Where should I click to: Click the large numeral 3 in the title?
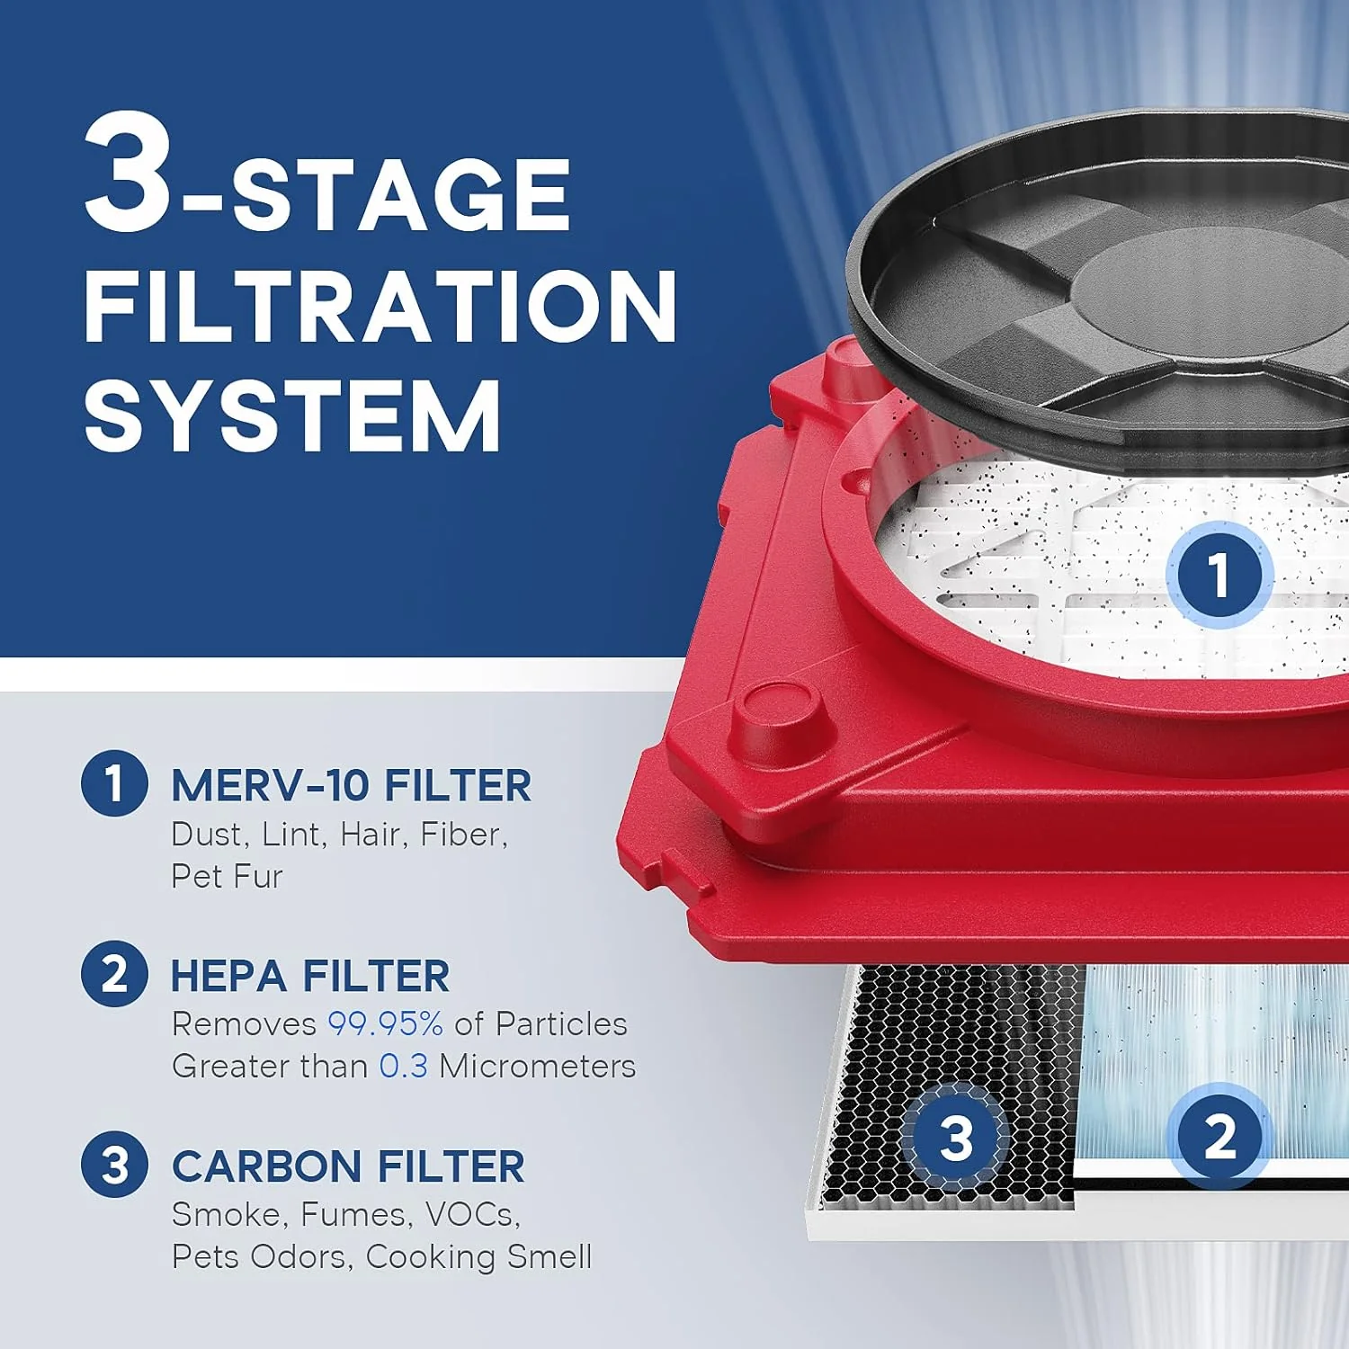128,173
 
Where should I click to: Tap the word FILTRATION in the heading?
380,306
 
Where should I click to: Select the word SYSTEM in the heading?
292,416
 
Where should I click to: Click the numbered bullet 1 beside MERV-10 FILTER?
114,782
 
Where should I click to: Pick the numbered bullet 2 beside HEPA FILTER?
114,974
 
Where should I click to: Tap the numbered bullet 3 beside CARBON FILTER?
114,1165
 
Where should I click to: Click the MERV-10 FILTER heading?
351,785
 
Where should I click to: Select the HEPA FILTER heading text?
309,976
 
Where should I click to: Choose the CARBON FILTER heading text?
348,1166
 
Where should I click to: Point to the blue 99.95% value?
385,1023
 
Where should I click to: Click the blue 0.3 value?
403,1066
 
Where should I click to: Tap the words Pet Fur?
227,876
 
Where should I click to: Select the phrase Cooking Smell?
478,1256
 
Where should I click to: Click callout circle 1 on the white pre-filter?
1219,575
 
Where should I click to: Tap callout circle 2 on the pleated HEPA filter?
1219,1136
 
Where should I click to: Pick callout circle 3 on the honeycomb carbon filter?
956,1138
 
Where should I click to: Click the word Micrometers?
537,1066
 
